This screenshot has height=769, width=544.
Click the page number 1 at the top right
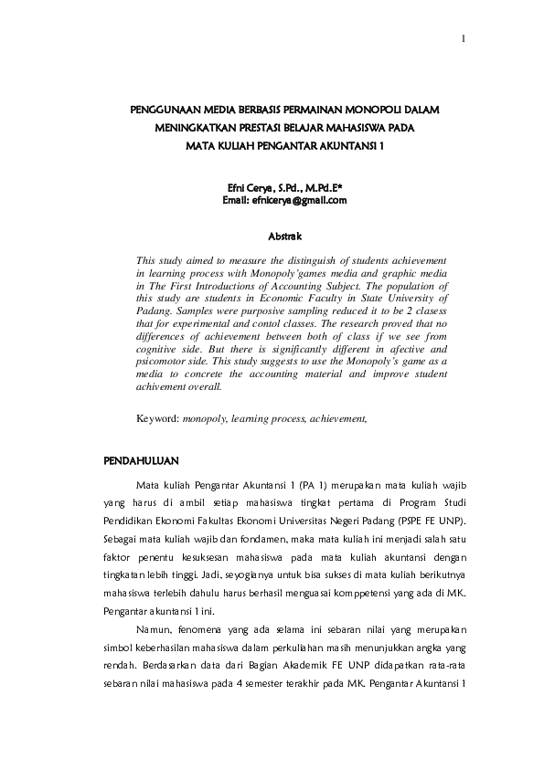pyautogui.click(x=464, y=38)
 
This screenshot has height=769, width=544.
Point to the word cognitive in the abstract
pyautogui.click(x=157, y=349)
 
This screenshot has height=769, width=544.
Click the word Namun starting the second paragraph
pyautogui.click(x=153, y=629)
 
